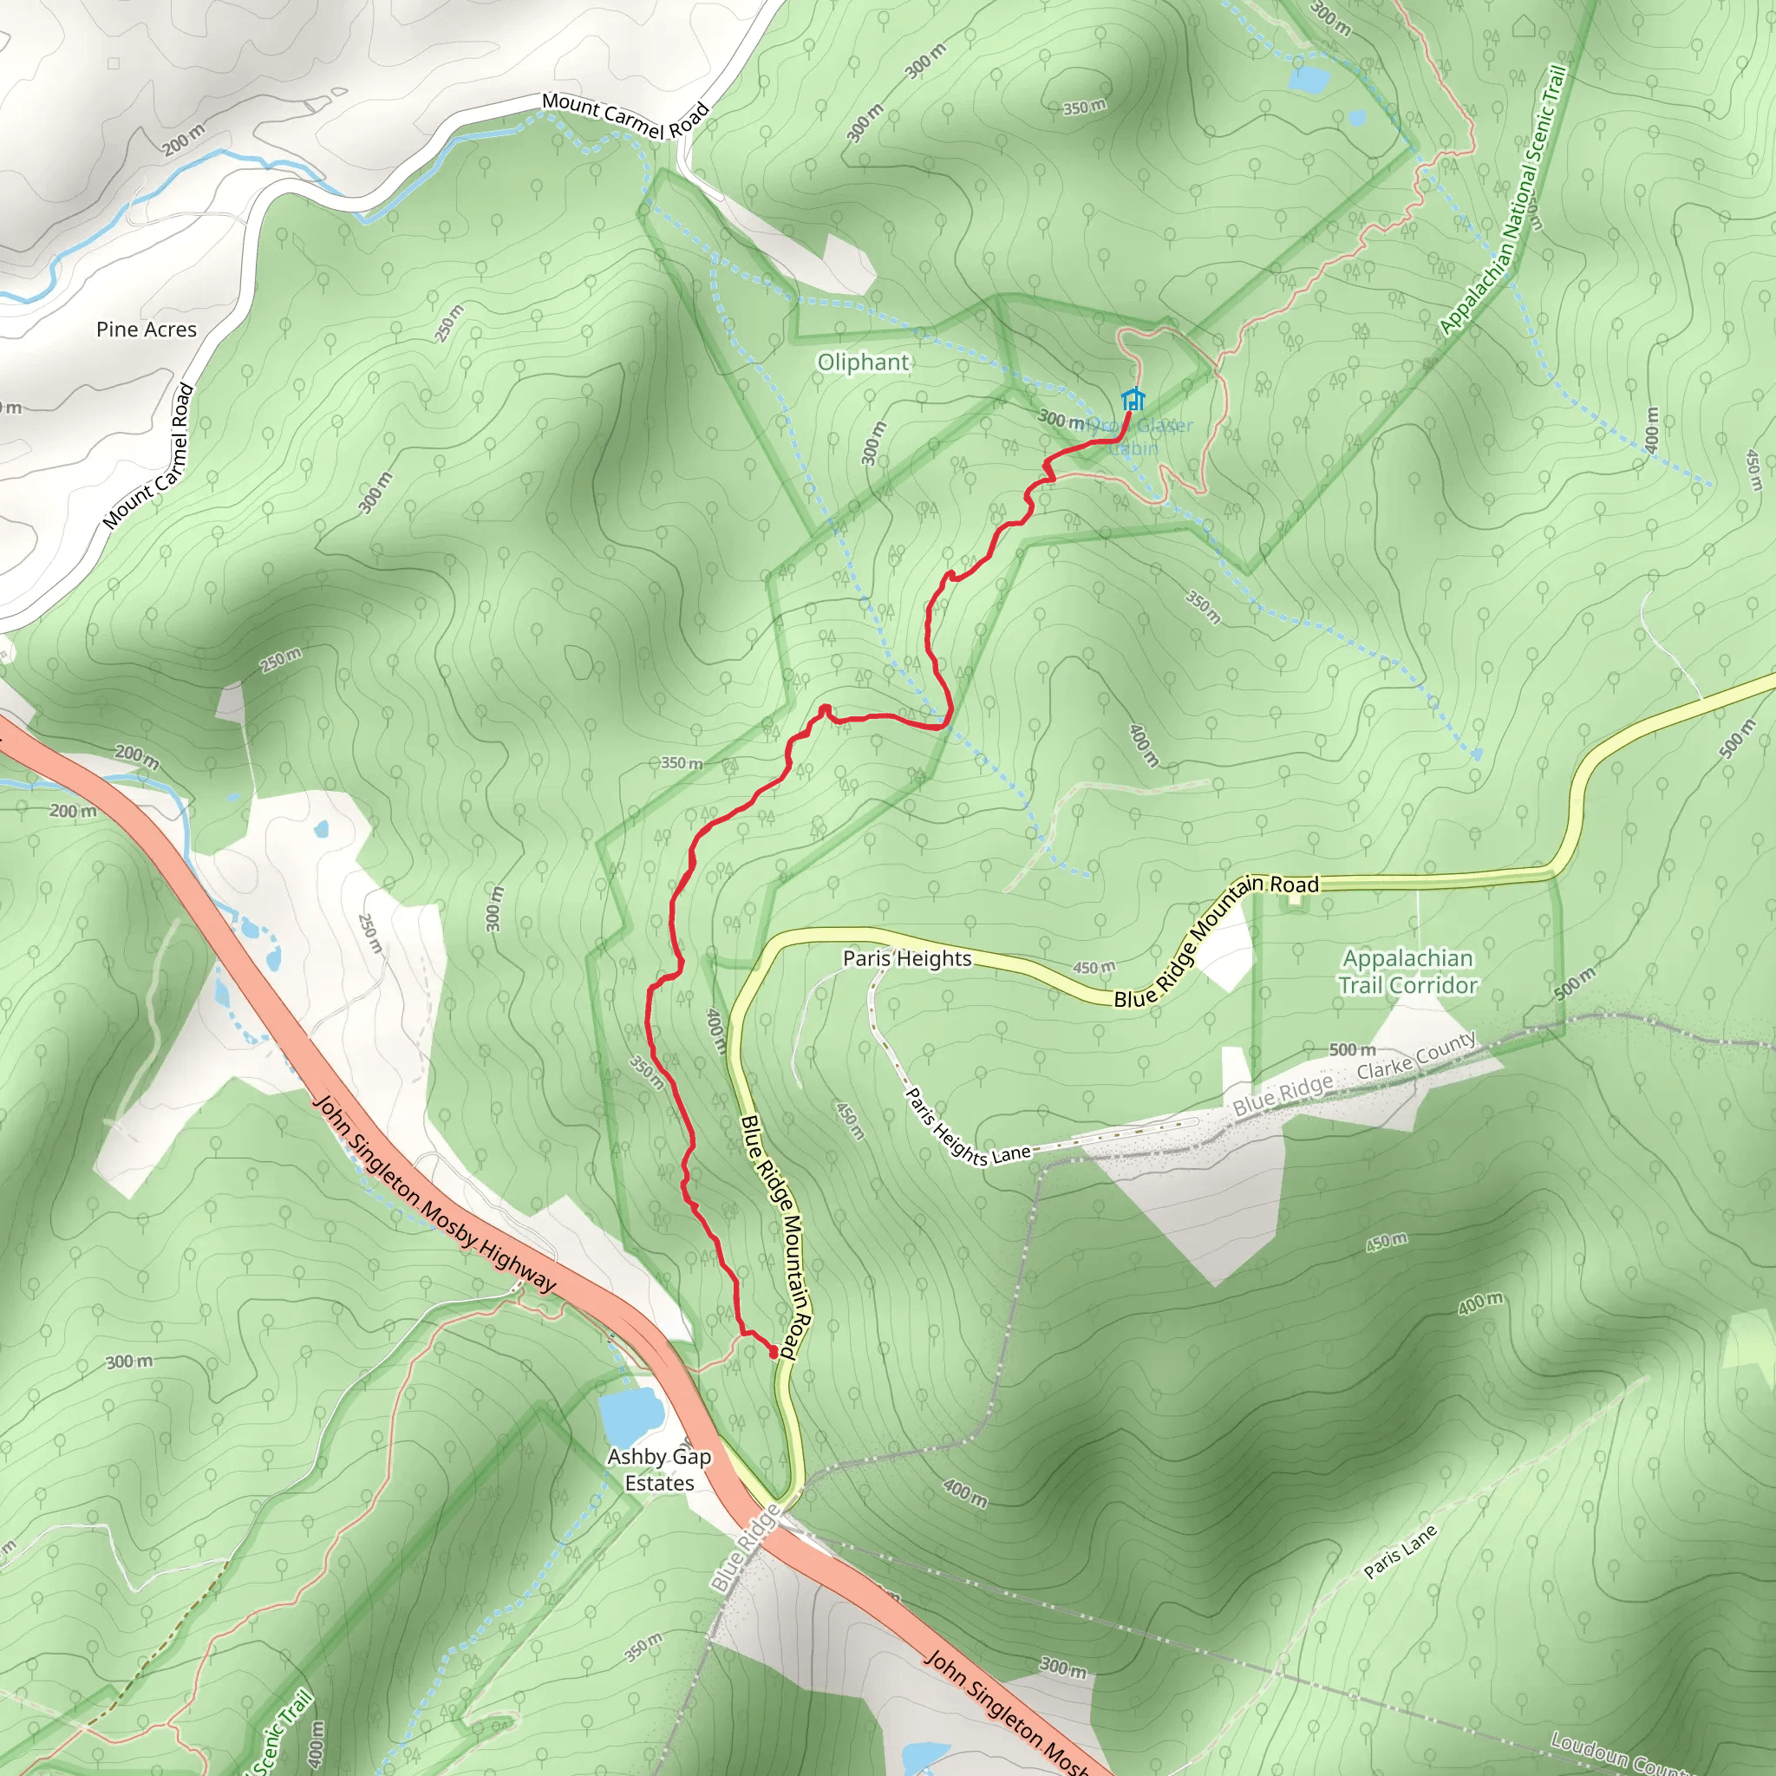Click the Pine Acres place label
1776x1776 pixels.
pos(147,329)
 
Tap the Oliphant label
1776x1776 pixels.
pos(863,362)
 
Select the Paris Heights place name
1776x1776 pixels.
pos(906,959)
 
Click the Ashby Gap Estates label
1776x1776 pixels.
pos(659,1469)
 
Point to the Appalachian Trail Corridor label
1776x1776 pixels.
pos(1407,971)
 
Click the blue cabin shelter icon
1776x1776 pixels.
pos(1133,399)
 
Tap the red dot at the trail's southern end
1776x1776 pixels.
pos(773,1350)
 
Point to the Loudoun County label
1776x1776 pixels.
pos(1618,1752)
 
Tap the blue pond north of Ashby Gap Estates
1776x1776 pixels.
pos(630,1415)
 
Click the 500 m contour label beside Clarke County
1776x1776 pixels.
pos(1352,1049)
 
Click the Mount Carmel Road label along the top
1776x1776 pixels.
pos(625,117)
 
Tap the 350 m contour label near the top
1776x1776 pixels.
pos(1084,108)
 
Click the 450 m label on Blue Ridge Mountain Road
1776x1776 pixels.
pos(1094,967)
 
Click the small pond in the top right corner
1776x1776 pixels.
pos(1307,80)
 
